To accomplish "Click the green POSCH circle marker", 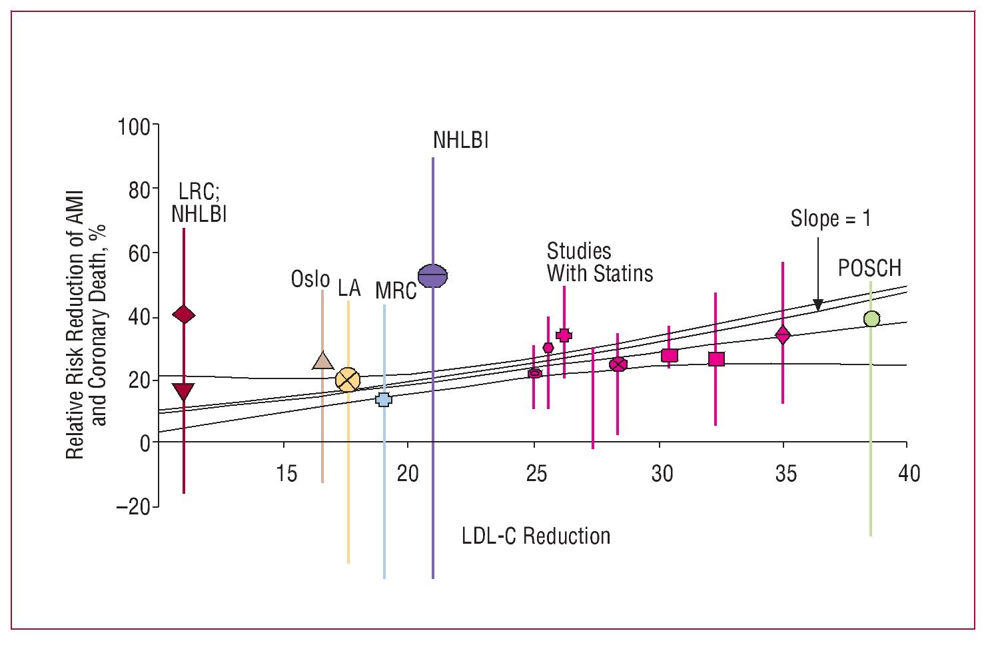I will (871, 319).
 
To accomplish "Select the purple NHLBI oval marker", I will (432, 275).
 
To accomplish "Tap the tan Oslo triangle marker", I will (322, 360).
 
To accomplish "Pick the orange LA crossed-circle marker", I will (348, 380).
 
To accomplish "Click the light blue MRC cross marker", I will (384, 399).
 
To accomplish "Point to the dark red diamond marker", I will (183, 315).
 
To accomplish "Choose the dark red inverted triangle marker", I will (183, 391).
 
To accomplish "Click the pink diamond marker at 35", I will (783, 334).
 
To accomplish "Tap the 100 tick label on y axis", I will (134, 126).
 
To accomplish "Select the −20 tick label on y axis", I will (133, 506).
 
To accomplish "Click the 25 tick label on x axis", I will (536, 474).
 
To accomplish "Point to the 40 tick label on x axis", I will (909, 474).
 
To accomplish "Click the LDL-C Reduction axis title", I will (536, 536).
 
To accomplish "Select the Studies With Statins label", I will (599, 262).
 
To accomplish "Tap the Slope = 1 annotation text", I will (830, 219).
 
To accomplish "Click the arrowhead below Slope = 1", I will (818, 305).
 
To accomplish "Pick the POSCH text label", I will (869, 268).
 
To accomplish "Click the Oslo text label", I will (310, 279).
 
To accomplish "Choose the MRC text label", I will (396, 291).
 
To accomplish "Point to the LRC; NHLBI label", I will (199, 203).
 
